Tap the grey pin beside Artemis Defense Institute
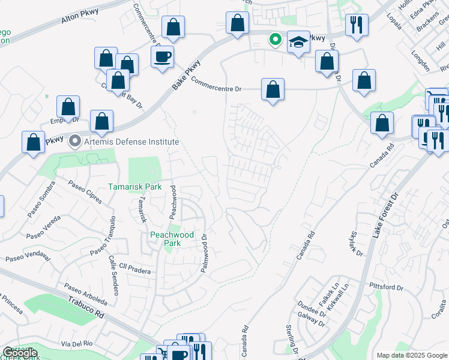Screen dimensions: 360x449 pos(75,142)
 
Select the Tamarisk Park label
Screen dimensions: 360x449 pos(135,187)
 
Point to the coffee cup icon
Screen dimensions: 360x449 pos(162,57)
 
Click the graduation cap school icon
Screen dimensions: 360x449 pos(299,42)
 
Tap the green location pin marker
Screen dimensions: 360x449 pos(276,40)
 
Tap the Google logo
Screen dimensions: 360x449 pos(19,353)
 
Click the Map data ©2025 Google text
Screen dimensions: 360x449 pos(411,355)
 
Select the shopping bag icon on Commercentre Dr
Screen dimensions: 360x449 pos(273,89)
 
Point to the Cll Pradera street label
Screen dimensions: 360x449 pos(134,271)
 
